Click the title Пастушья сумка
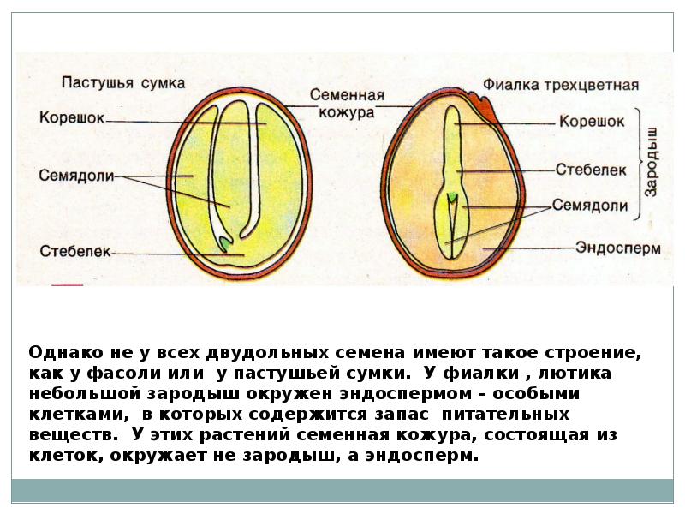(122, 82)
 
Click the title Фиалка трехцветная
(561, 86)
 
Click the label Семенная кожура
(347, 103)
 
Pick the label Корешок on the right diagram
(591, 122)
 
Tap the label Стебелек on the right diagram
(591, 170)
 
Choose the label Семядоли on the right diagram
(590, 206)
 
